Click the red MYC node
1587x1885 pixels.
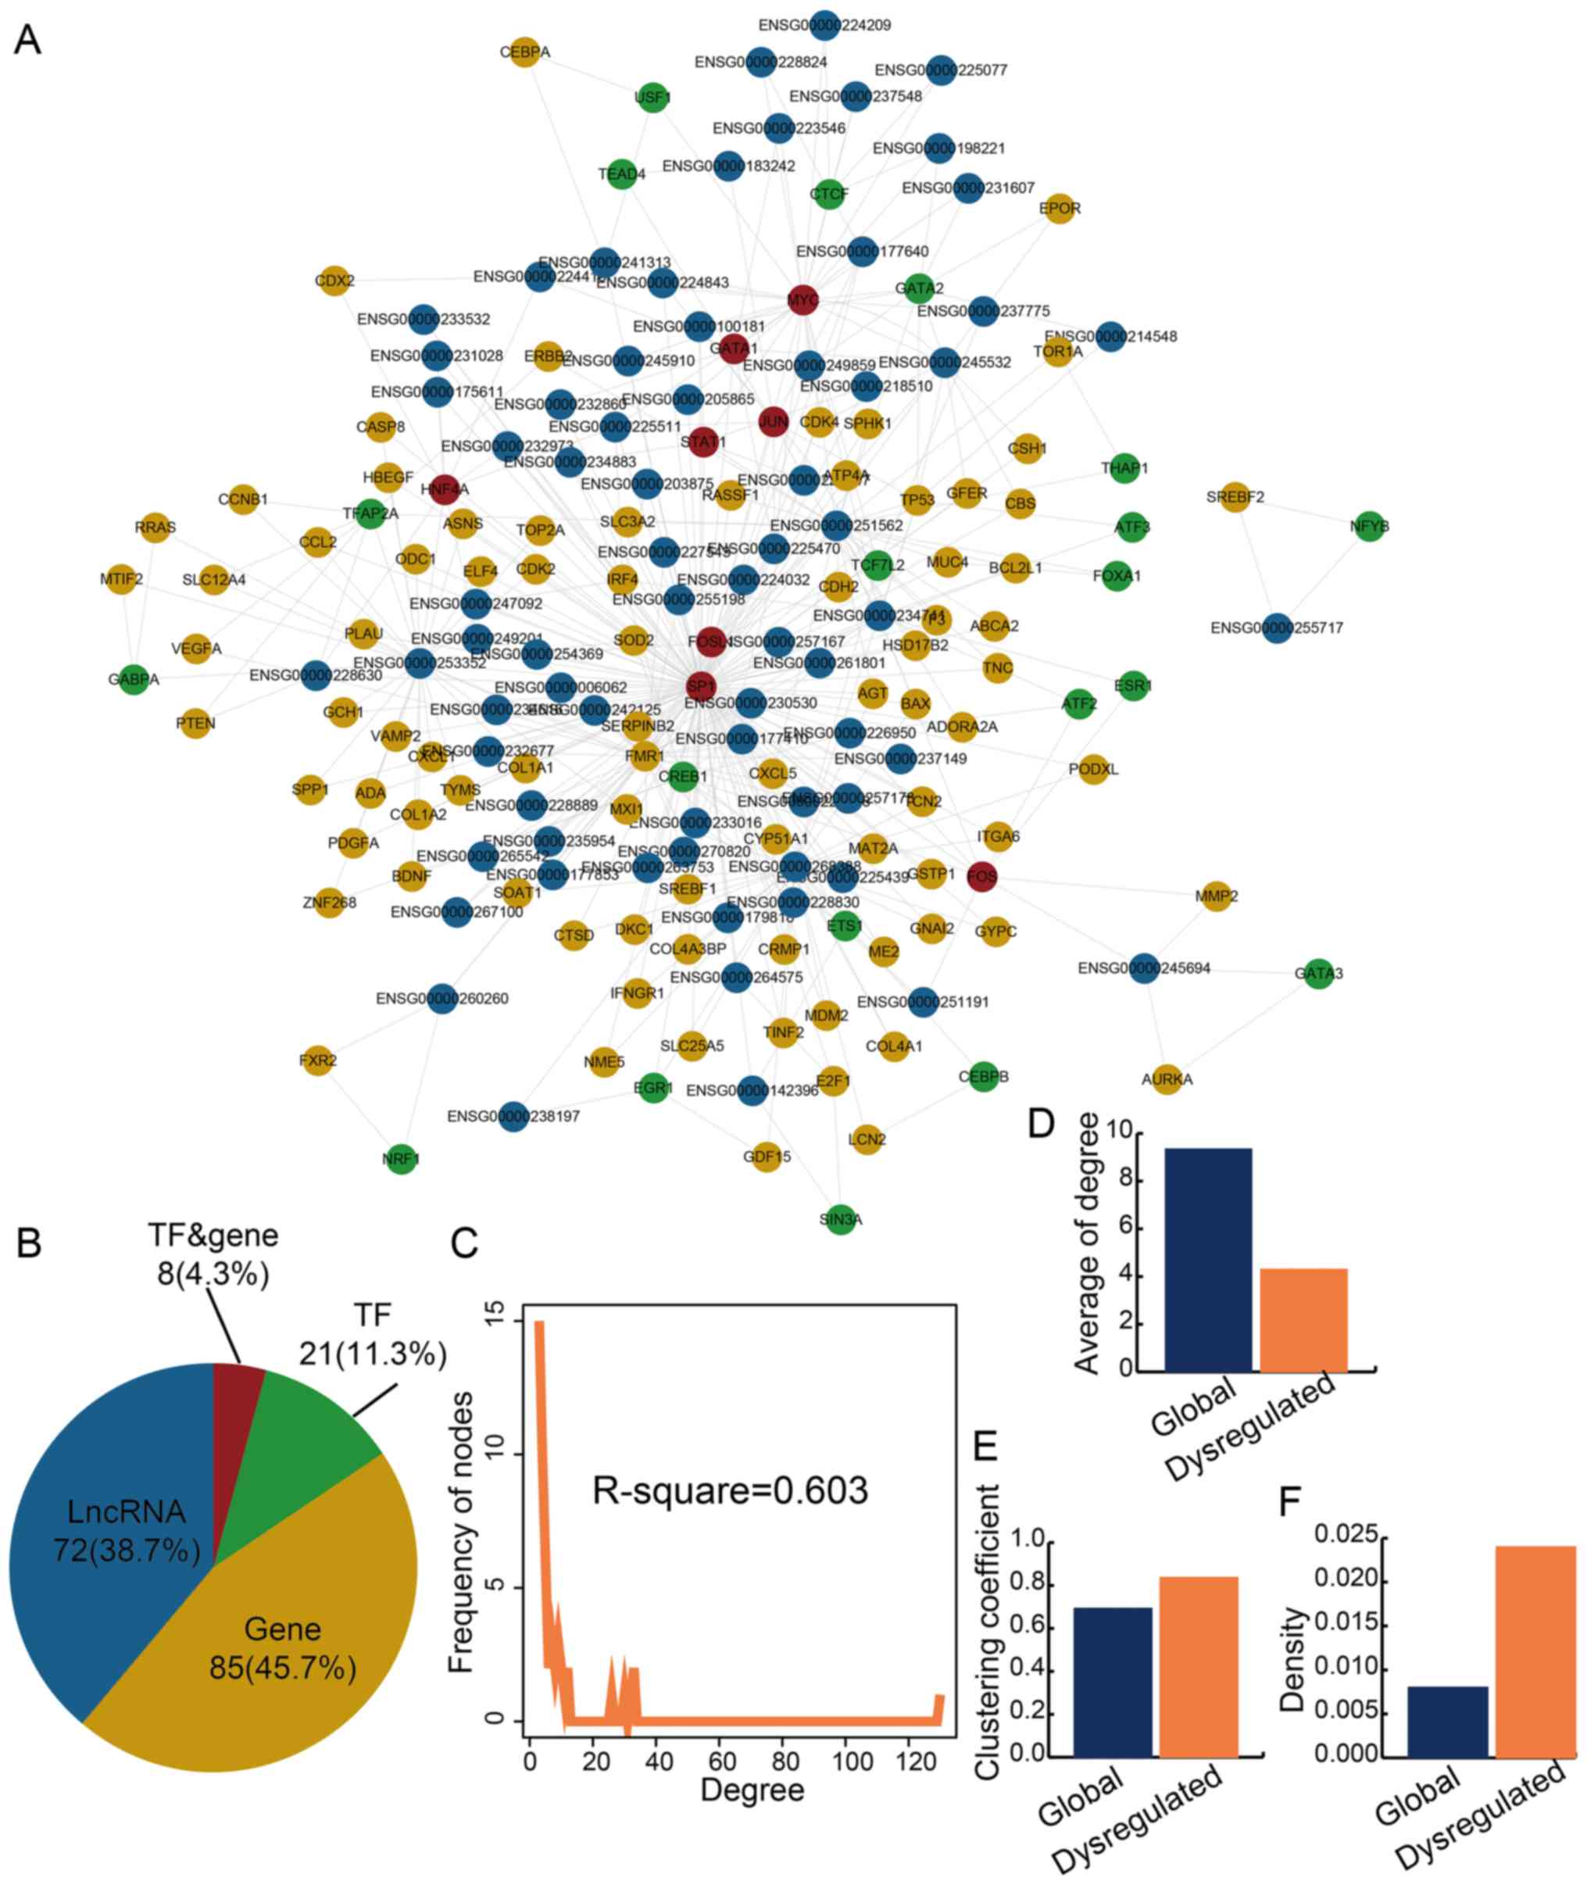click(x=802, y=299)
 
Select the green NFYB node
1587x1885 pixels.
click(x=1368, y=527)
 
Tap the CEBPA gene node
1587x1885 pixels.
click(x=524, y=52)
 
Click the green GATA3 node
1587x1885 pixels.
click(x=1318, y=973)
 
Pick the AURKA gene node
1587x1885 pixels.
click(x=1167, y=1078)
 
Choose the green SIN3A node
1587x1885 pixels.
click(x=840, y=1219)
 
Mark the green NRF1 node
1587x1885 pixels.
click(x=402, y=1159)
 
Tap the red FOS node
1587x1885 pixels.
click(x=981, y=875)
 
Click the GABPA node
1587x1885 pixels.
click(x=133, y=679)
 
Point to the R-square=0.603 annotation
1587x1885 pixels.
click(x=730, y=1490)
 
